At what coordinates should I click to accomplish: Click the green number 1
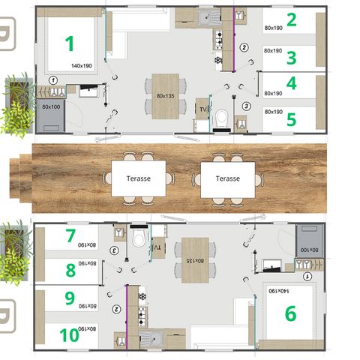(x=69, y=43)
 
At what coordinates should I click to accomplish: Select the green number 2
(x=291, y=20)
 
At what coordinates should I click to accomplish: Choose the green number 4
(x=291, y=82)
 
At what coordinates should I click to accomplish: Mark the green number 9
(x=70, y=298)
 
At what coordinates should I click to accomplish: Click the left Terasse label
(x=132, y=178)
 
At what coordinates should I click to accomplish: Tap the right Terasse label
(x=227, y=178)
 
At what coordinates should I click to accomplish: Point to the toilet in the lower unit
(x=136, y=239)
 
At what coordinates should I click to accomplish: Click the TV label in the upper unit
(x=202, y=110)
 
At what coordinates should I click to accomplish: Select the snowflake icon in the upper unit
(x=218, y=60)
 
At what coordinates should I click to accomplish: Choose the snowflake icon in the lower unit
(x=142, y=295)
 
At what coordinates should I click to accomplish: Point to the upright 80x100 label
(x=51, y=106)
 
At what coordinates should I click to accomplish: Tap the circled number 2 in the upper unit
(x=244, y=47)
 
